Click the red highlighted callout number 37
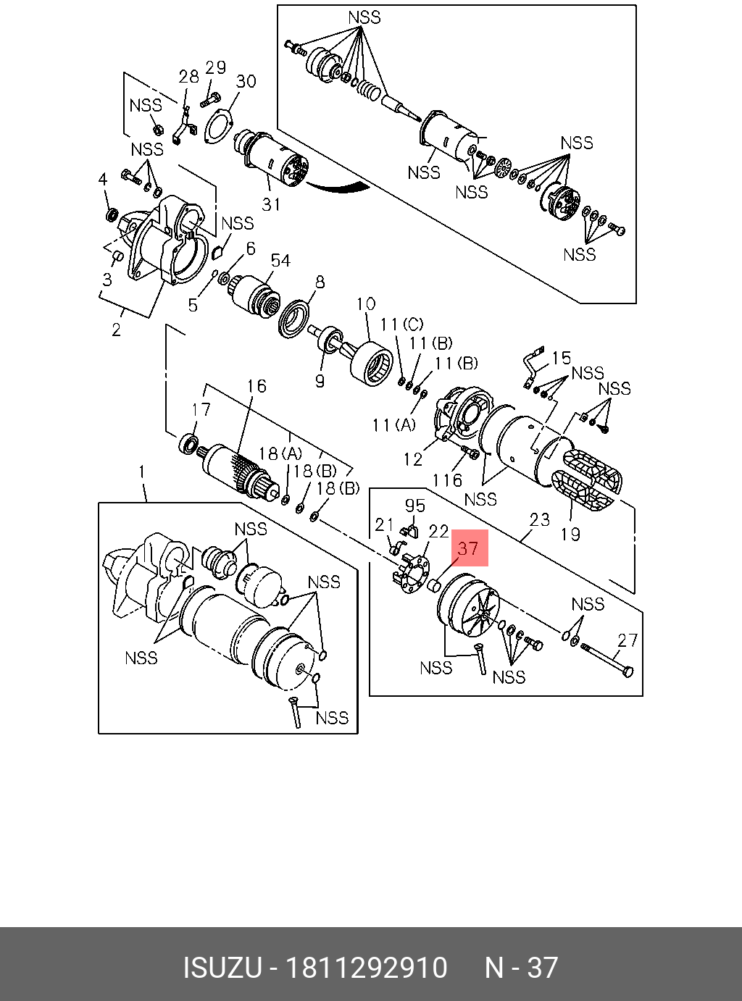469,548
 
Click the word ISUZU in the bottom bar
221,968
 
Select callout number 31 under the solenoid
271,205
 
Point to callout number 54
280,261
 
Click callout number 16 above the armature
257,386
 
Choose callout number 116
447,479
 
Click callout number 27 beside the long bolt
628,640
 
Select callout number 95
415,506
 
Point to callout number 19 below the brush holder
570,535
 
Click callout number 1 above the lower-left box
142,472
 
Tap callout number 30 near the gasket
246,81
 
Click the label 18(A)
280,454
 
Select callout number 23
540,519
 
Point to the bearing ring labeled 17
191,443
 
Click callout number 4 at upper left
103,180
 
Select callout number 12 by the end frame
413,459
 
